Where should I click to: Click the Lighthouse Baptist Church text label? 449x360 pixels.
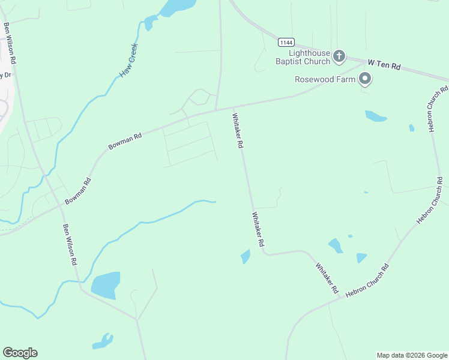pos(303,57)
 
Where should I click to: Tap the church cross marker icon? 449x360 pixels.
pos(339,57)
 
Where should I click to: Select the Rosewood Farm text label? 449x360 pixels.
pos(324,79)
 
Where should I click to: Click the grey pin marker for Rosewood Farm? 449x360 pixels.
pos(365,79)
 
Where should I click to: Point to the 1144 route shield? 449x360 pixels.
pos(286,42)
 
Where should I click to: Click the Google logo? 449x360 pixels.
pos(20,353)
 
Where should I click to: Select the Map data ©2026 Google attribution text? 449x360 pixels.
pos(411,355)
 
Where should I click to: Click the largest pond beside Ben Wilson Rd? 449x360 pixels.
pos(106,285)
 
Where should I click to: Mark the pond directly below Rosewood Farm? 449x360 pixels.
pos(375,116)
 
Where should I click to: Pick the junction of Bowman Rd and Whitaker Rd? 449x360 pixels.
pos(233,108)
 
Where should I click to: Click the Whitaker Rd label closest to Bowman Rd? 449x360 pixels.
pos(238,131)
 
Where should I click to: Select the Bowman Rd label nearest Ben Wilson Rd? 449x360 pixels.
pos(78,191)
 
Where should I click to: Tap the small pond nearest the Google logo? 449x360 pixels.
pos(103,341)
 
